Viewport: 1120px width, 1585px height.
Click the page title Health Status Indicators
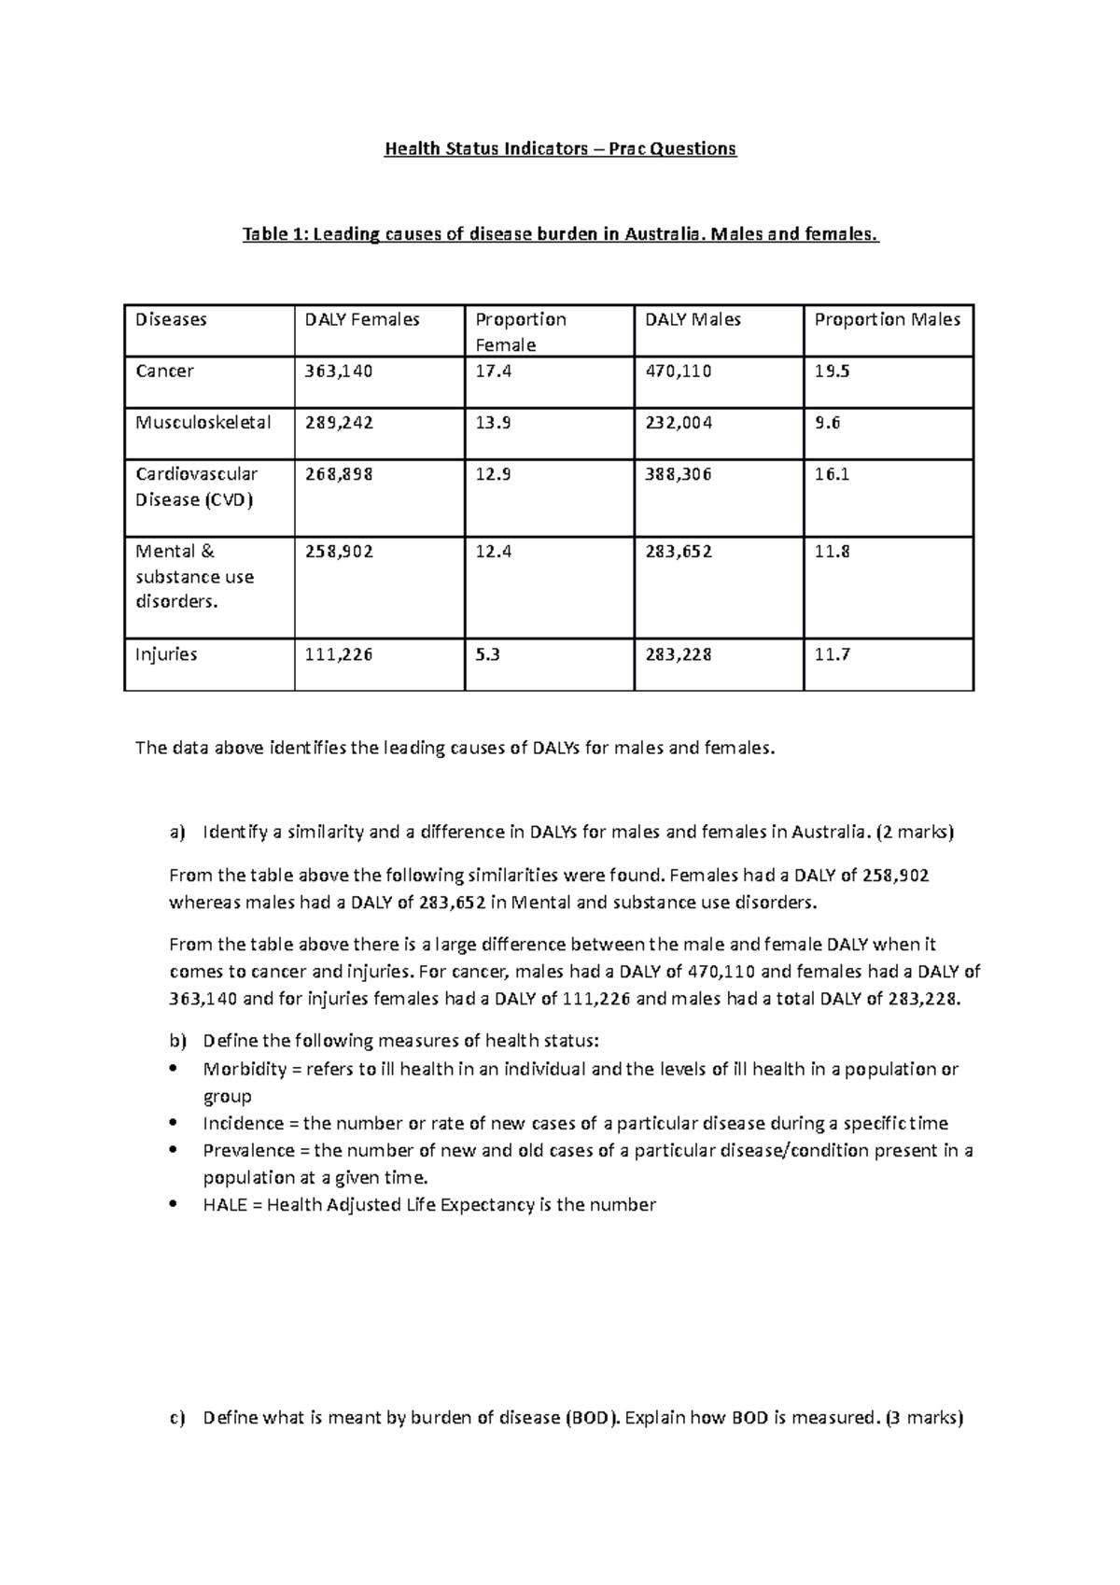pos(560,148)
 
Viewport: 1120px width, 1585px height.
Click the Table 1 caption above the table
pos(560,234)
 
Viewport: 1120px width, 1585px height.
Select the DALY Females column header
pos(362,320)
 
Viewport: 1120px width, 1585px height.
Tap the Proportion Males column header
pos(887,320)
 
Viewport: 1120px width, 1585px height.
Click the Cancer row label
pos(164,372)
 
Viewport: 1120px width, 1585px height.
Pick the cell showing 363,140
pos(339,372)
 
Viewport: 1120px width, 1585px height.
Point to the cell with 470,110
pos(679,372)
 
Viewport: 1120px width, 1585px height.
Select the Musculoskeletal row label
pos(203,423)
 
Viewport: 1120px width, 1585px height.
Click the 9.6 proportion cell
pos(827,423)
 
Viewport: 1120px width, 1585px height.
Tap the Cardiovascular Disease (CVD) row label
pos(196,486)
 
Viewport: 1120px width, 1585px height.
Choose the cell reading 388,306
pos(679,474)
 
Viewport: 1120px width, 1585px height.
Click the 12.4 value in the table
pos(494,552)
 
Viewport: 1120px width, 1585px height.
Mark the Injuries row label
pos(166,654)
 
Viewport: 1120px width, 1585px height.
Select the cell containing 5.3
pos(487,654)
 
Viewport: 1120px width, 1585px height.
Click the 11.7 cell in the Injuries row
pos(832,654)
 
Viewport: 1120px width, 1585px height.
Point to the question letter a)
pos(177,832)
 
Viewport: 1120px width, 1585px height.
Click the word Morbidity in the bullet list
pos(239,1069)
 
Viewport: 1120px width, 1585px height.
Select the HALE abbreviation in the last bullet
pos(224,1205)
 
